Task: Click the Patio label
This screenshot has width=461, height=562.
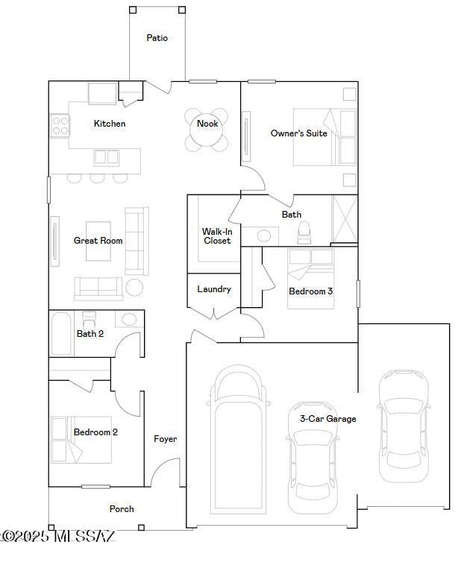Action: [157, 37]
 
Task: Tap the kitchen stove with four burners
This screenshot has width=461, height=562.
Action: [60, 126]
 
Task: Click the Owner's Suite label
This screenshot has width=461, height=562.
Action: [298, 133]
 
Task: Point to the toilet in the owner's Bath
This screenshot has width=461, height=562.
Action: [304, 233]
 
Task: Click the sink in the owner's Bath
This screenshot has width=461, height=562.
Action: [264, 236]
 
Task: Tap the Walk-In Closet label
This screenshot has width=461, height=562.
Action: [217, 236]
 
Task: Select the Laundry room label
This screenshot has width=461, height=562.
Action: [214, 289]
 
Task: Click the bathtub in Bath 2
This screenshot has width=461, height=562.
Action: [61, 334]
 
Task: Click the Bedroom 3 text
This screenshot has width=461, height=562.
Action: [310, 291]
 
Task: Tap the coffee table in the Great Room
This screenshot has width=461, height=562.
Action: [98, 241]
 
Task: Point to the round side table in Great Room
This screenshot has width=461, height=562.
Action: [134, 287]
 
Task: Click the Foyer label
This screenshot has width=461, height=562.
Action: [165, 439]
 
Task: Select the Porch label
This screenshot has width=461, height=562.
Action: [122, 509]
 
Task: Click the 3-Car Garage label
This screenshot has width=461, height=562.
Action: [328, 419]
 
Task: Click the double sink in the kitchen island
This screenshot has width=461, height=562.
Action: [107, 158]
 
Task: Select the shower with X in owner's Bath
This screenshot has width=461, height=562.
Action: [345, 219]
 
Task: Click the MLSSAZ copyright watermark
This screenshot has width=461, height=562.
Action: [58, 536]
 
